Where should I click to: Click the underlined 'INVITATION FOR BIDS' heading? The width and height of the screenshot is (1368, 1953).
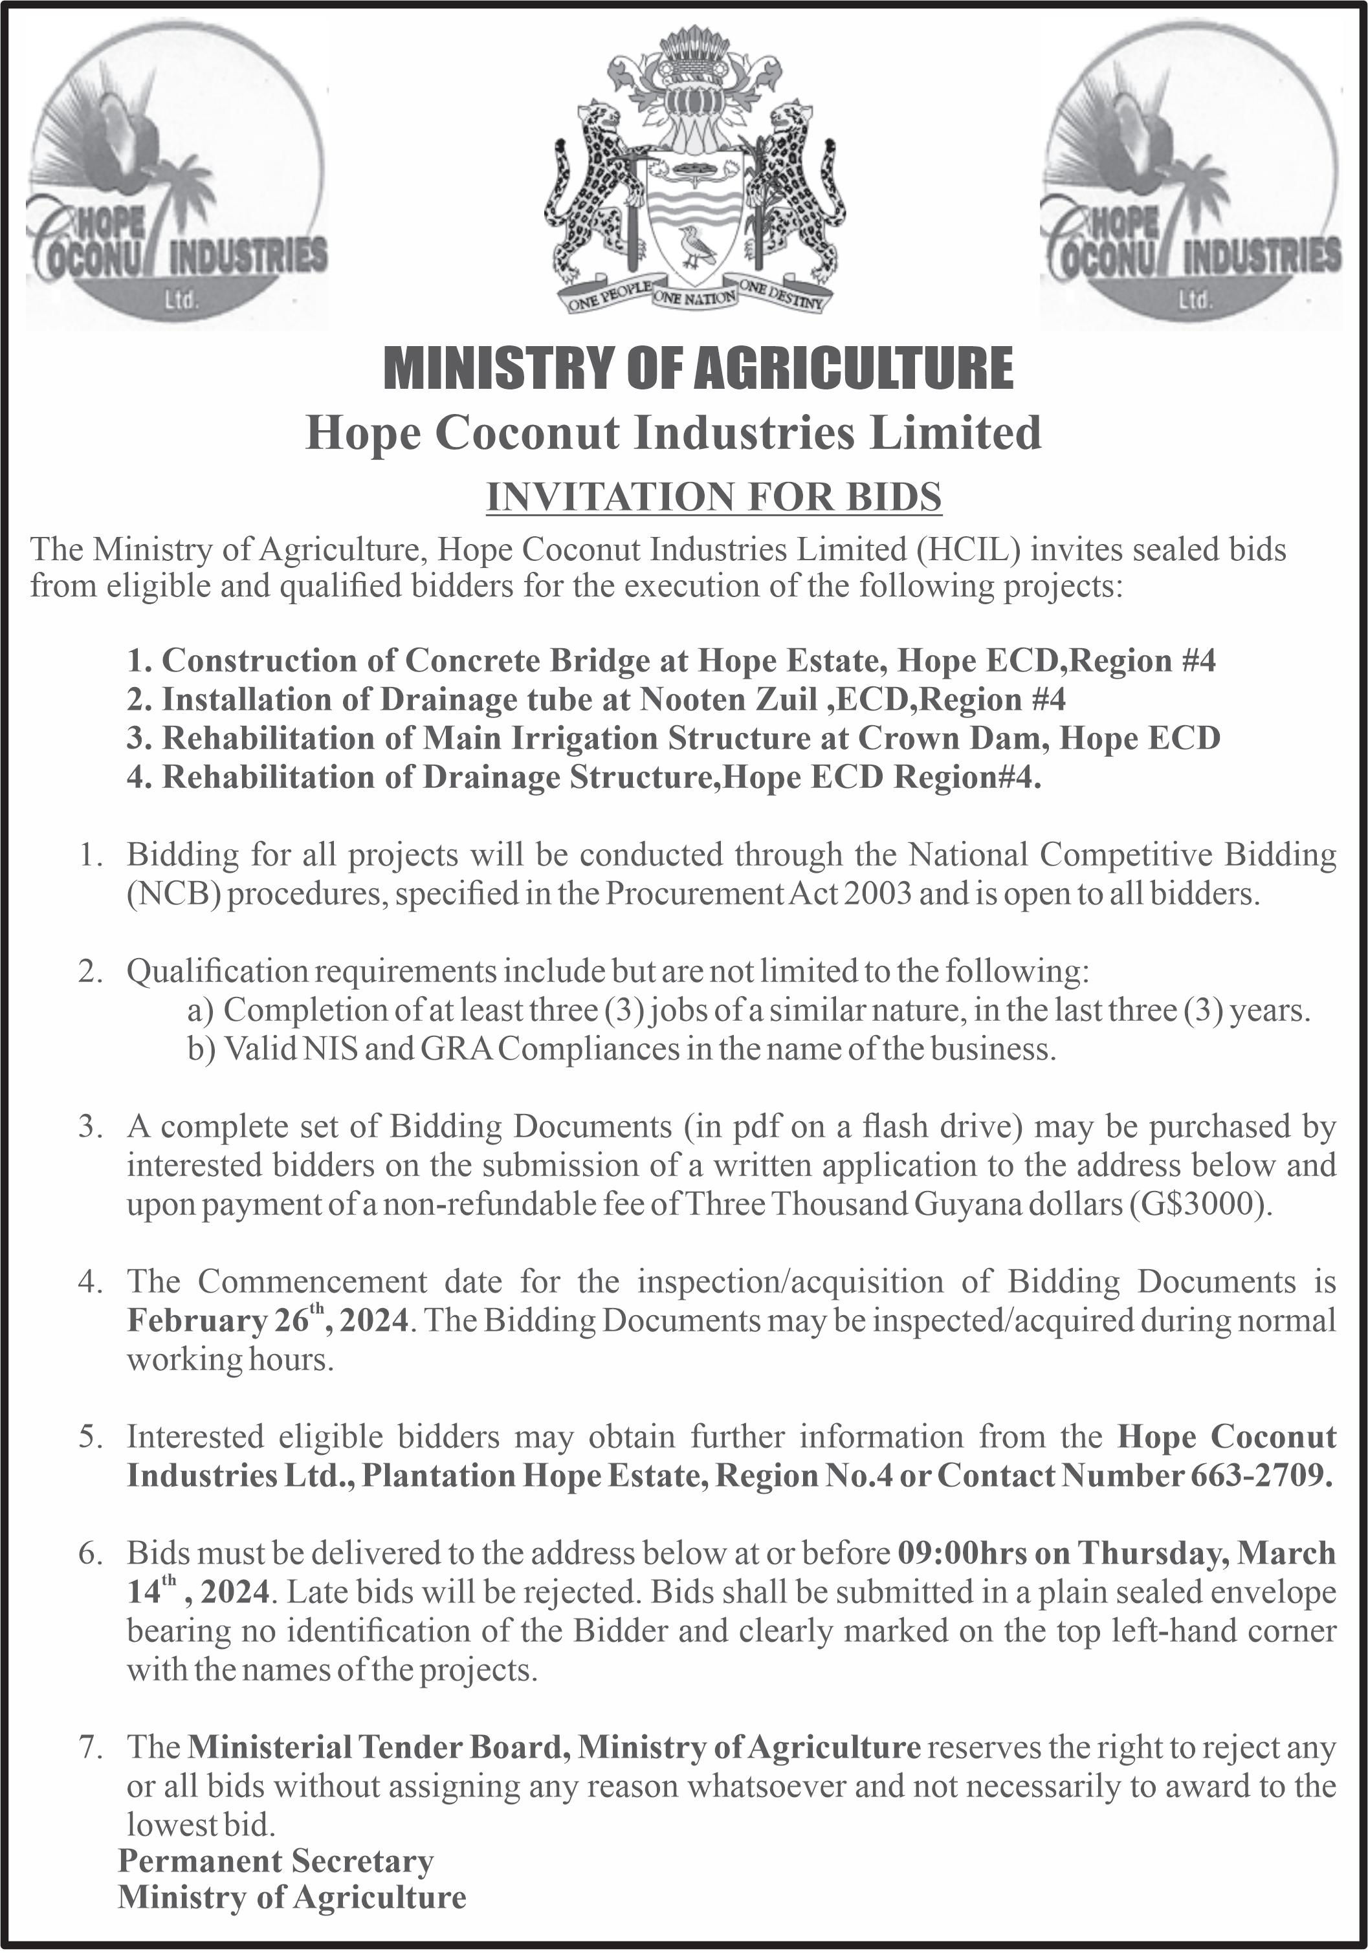(713, 497)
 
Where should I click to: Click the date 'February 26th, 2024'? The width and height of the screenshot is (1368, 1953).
(268, 1320)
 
